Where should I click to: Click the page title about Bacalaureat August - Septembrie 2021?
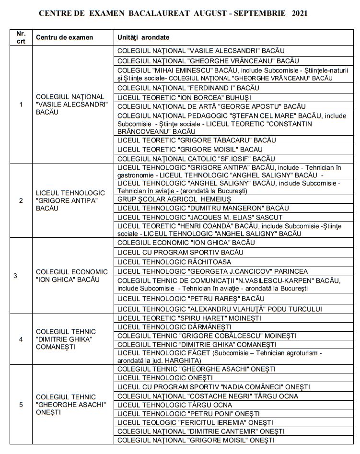(173, 13)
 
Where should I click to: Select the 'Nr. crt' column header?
(21, 37)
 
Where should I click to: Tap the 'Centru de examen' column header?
(64, 37)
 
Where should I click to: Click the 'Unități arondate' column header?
(143, 37)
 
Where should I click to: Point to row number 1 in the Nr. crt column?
(21, 105)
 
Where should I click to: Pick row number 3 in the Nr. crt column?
(15, 276)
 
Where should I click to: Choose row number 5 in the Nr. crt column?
(21, 405)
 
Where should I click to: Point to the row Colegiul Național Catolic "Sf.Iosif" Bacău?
(196, 159)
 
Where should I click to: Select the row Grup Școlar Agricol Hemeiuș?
(174, 199)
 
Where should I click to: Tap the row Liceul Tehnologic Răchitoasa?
(174, 262)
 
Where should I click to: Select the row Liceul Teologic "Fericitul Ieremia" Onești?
(195, 422)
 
